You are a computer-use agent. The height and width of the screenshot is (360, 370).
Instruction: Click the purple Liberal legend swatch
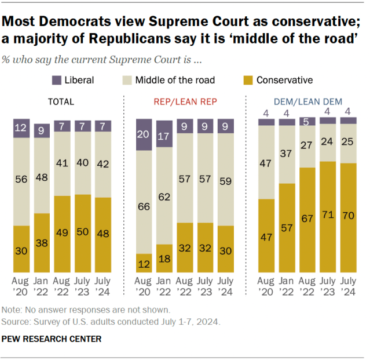pyautogui.click(x=57, y=80)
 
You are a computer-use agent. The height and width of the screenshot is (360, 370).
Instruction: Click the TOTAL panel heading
pyautogui.click(x=61, y=101)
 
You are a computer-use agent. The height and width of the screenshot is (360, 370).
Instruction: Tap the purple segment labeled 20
pyautogui.click(x=144, y=134)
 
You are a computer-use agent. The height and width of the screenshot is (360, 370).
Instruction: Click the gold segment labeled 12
pyautogui.click(x=144, y=263)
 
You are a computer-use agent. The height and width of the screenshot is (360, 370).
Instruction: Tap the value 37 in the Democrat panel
pyautogui.click(x=287, y=154)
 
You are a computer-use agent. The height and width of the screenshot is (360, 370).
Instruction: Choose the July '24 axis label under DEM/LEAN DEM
pyautogui.click(x=347, y=285)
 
